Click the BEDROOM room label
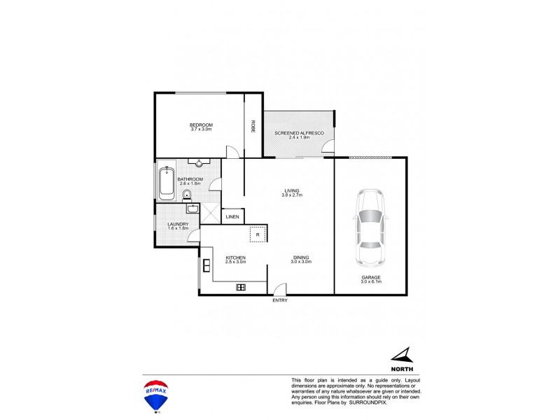pos(201,125)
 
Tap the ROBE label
pos(253,127)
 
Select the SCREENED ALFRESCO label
pos(298,132)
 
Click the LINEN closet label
pos(232,217)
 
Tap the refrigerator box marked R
pos(258,235)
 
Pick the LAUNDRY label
pos(178,224)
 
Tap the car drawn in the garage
pos(369,228)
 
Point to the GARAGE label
pos(370,278)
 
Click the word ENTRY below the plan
pos(280,301)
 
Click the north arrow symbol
pos(401,356)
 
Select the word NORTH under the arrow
pos(402,368)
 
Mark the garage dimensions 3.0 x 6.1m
pos(370,282)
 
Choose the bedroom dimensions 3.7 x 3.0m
pos(201,129)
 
